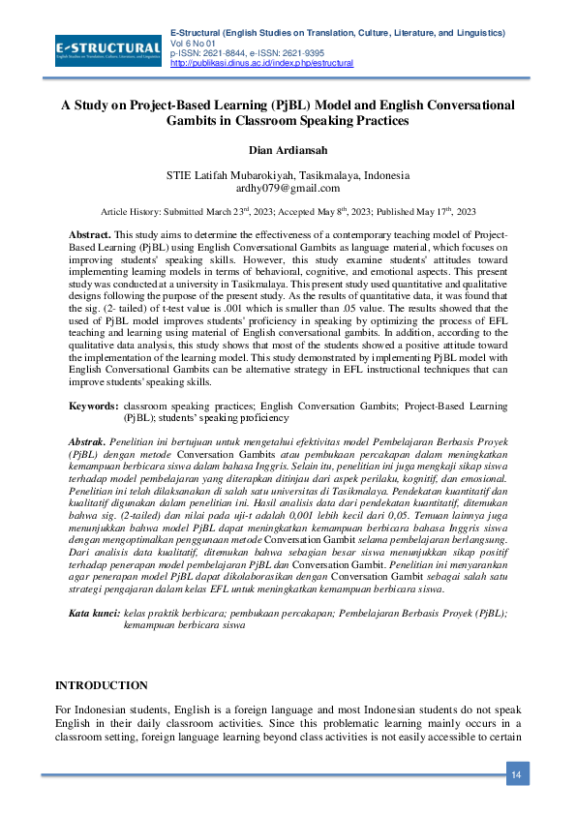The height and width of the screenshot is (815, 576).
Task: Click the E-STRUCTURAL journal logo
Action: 108,47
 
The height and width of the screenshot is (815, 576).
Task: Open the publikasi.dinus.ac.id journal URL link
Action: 261,63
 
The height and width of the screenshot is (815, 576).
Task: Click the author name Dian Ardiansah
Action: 288,150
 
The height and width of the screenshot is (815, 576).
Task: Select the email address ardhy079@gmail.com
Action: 288,189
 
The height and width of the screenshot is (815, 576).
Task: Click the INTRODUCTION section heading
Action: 101,685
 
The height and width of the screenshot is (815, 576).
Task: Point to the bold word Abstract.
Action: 90,235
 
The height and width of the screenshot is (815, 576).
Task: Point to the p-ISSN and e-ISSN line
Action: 247,53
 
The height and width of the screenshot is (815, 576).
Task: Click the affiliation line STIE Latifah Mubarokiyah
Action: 288,175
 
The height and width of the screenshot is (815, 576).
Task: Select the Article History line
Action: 288,210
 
